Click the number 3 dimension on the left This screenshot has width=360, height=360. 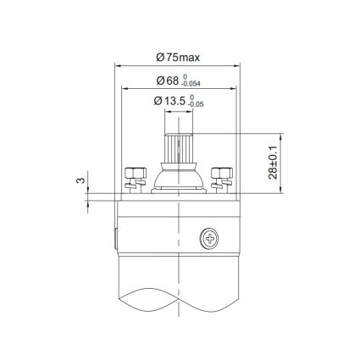click(79, 180)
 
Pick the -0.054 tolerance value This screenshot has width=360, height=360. click(200, 86)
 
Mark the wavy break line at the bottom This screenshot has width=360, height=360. click(180, 301)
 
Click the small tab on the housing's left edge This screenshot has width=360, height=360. click(115, 240)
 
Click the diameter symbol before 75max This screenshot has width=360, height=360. click(161, 57)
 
